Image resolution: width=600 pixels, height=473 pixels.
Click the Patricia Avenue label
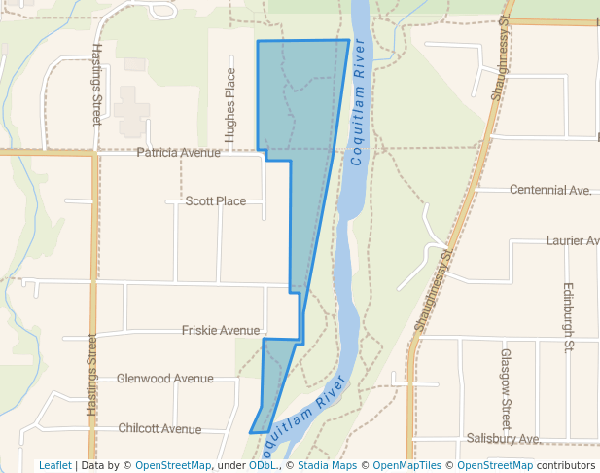[x=179, y=153]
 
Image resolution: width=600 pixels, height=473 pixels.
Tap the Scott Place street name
[x=216, y=201]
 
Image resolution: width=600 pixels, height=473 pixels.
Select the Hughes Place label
[x=230, y=105]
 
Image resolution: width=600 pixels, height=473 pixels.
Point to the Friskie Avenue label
[x=221, y=331]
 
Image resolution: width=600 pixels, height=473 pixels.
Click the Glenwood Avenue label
[x=164, y=379]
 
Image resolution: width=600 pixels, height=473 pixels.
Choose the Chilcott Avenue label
[x=159, y=429]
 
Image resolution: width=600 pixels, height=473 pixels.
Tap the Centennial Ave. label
[x=550, y=191]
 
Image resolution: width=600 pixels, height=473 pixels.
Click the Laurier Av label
[x=573, y=240]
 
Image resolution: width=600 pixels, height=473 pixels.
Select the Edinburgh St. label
[x=569, y=318]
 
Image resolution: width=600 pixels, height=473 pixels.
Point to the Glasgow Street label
[x=506, y=389]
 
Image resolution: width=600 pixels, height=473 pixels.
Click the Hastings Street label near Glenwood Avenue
[x=93, y=376]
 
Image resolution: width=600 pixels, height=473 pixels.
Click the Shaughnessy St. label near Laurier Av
[x=434, y=290]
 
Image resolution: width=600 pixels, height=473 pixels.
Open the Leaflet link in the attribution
[x=54, y=466]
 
